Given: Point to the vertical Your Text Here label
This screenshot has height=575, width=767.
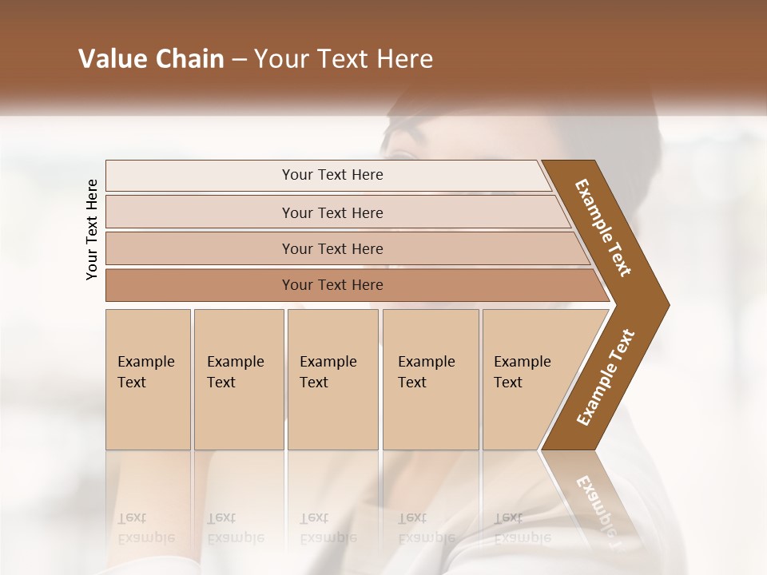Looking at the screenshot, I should coord(92,229).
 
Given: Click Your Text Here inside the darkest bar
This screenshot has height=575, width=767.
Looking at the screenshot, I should coord(332,285).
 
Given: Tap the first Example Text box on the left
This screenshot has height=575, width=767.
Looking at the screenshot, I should coord(148,379).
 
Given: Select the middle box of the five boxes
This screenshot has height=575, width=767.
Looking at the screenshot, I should coord(332,379).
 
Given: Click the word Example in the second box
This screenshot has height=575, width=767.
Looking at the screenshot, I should coord(235,362).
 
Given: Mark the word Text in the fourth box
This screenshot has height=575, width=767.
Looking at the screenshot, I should coord(412,383).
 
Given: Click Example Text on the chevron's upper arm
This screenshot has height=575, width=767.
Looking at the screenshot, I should coord(603,228).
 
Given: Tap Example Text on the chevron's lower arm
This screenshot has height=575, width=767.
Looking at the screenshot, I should coord(606,378).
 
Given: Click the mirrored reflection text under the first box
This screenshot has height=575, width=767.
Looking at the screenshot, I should coord(146,527).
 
